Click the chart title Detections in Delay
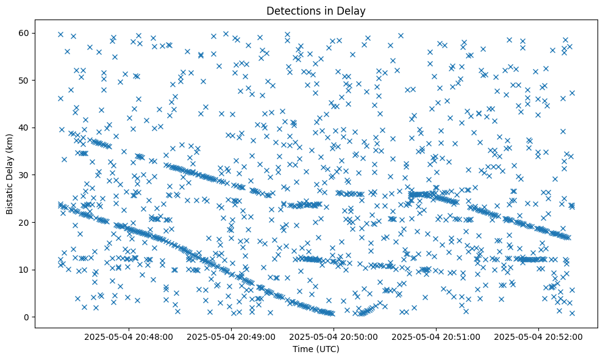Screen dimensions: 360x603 click(316, 10)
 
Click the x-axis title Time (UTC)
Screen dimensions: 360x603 click(316, 350)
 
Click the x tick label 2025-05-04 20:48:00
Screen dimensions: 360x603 click(129, 336)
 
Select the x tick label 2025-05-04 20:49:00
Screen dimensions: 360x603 click(232, 336)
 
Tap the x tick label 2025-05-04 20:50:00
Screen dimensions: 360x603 click(334, 336)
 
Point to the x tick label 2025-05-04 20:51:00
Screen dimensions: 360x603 click(437, 336)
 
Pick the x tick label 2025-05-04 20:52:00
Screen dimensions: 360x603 click(539, 336)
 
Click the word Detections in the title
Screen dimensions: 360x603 click(290, 10)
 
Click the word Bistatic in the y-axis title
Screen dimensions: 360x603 click(10, 195)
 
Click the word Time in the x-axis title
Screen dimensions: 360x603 click(303, 350)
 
